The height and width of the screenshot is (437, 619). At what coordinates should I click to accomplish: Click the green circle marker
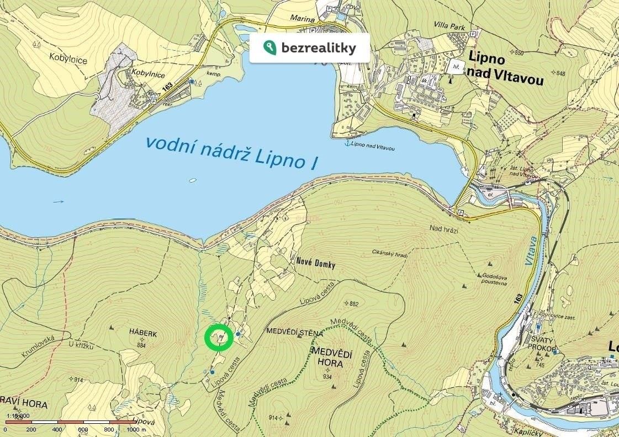(x=218, y=338)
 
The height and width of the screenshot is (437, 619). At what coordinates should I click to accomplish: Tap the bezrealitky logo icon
(x=269, y=48)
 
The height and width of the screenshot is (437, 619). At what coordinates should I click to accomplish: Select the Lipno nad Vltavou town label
(x=505, y=68)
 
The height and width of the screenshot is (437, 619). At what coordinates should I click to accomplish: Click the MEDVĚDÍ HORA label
(x=331, y=358)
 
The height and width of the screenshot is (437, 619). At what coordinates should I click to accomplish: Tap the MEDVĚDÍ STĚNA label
(x=294, y=332)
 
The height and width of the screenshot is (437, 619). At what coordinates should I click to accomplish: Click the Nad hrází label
(x=443, y=228)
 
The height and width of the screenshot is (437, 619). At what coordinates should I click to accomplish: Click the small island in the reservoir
(x=192, y=180)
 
